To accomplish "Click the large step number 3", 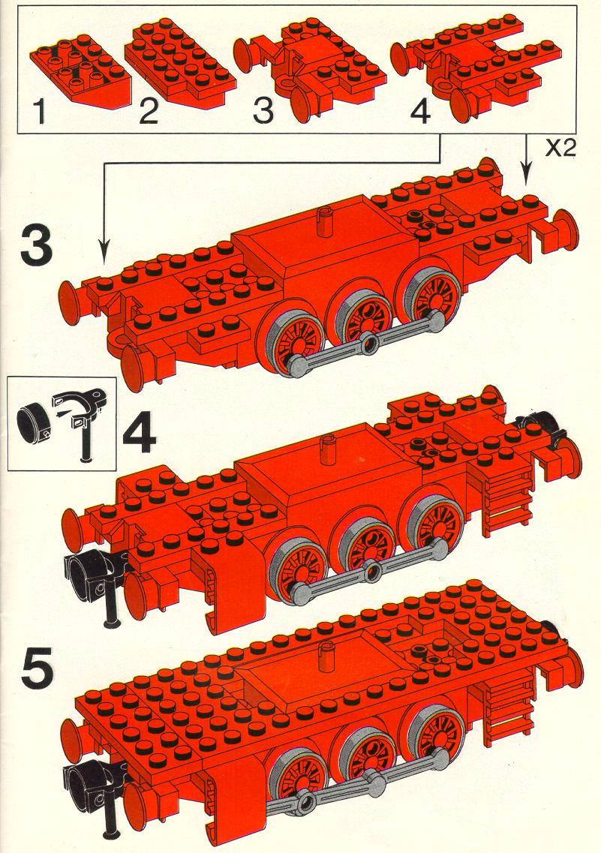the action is (37, 246).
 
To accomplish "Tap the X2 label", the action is (560, 149).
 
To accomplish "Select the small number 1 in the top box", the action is (39, 111).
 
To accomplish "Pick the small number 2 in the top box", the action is (149, 112).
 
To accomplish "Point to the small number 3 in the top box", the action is (263, 111).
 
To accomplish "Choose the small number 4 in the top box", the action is (420, 112).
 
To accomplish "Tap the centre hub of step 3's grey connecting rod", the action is (370, 342).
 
